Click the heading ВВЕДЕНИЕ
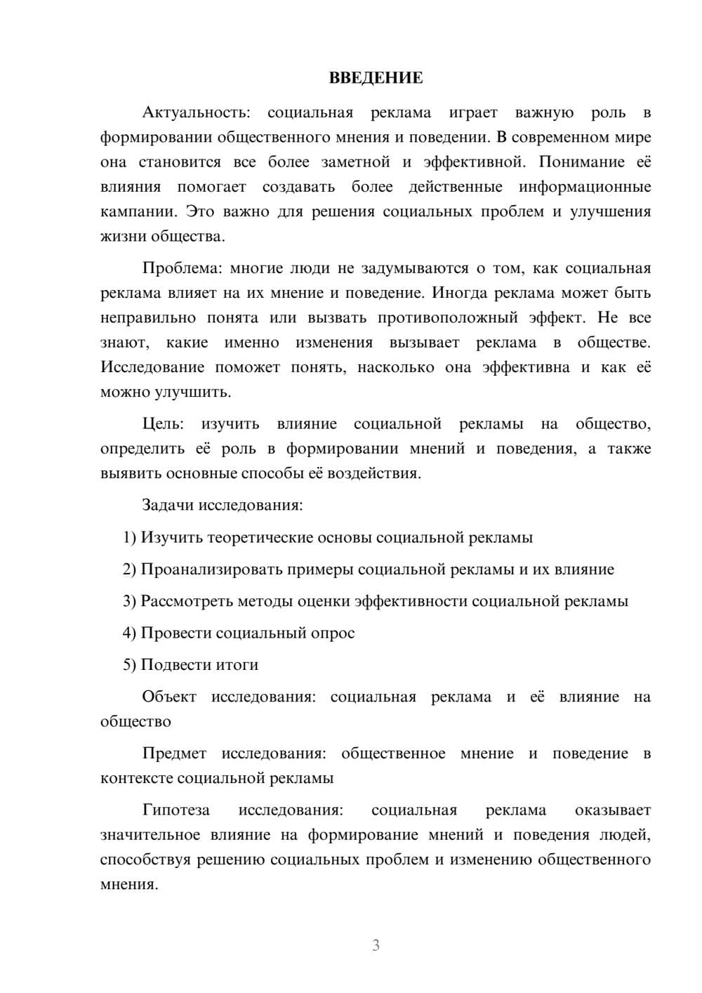pyautogui.click(x=376, y=78)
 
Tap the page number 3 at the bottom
pyautogui.click(x=376, y=945)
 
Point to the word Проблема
pyautogui.click(x=181, y=268)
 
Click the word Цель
pyautogui.click(x=163, y=424)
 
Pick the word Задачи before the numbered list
pyautogui.click(x=168, y=505)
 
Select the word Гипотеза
pyautogui.click(x=175, y=810)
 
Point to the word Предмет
pyautogui.click(x=174, y=754)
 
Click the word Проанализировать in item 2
pyautogui.click(x=211, y=570)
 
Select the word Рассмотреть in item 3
pyautogui.click(x=187, y=601)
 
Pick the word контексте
pyautogui.click(x=136, y=778)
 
